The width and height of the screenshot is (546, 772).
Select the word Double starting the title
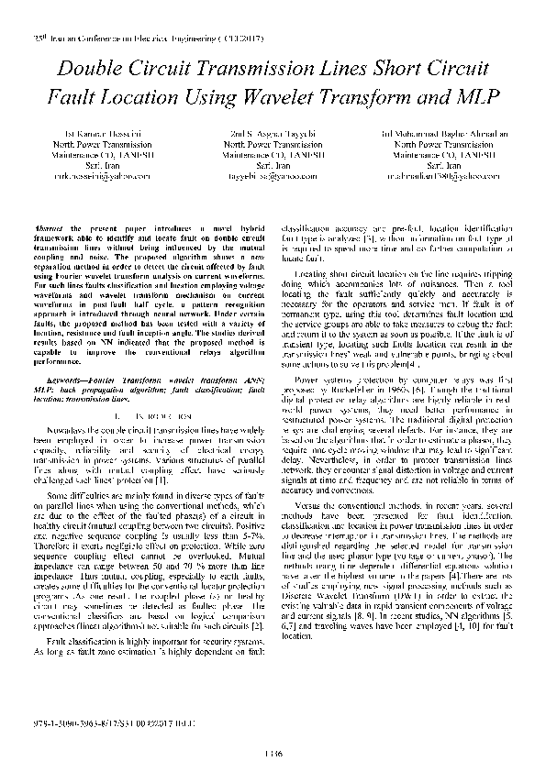point(93,68)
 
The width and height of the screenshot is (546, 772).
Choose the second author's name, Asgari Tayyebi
point(278,135)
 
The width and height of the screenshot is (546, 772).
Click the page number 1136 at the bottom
point(273,753)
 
